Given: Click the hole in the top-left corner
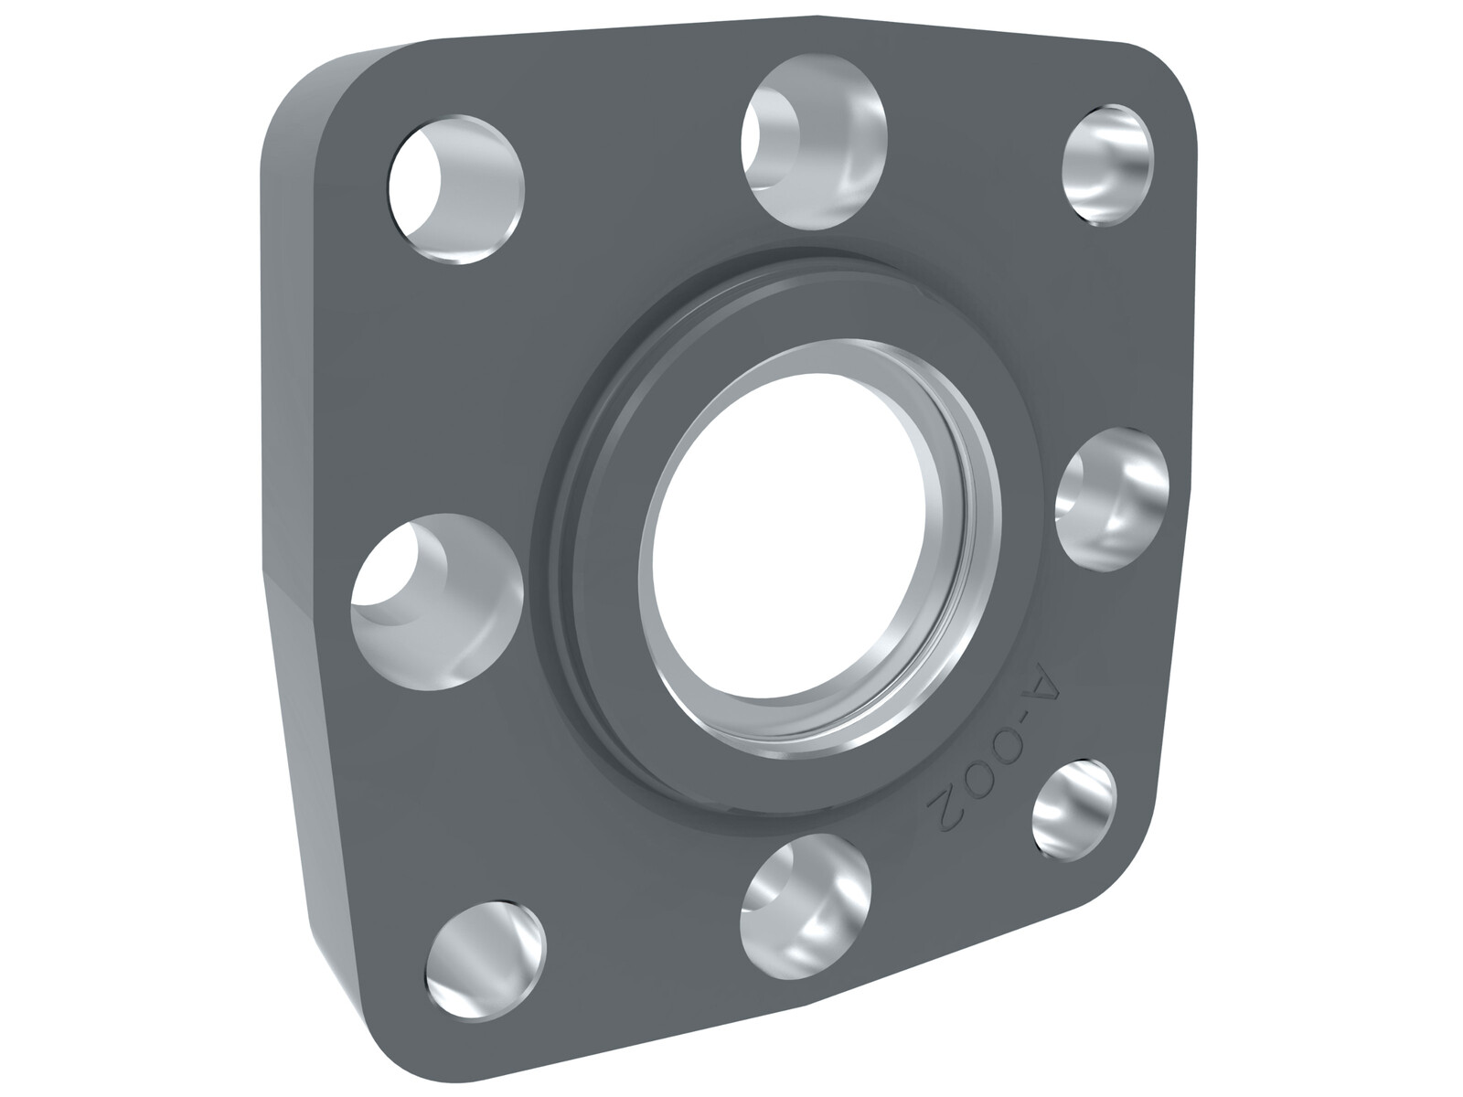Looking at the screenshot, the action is [x=456, y=190].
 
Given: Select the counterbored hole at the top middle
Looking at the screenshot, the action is [x=814, y=143].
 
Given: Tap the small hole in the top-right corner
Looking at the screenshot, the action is [x=1107, y=165].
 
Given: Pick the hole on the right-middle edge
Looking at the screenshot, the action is [x=1113, y=499].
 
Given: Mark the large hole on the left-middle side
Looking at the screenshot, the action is [x=436, y=602].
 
